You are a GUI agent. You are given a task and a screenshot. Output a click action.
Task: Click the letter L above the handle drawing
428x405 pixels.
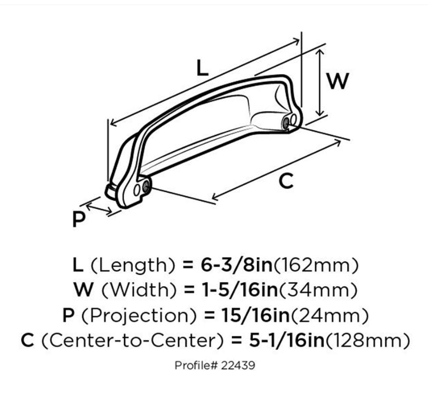tap(202, 68)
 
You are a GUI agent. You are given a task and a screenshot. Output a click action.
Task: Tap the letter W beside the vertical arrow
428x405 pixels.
tap(338, 81)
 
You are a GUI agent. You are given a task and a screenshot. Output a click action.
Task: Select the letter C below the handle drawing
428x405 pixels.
tap(286, 181)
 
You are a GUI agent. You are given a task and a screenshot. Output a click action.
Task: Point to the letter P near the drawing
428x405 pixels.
tap(79, 219)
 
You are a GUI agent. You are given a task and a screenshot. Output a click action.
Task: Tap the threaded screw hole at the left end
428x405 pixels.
tap(146, 186)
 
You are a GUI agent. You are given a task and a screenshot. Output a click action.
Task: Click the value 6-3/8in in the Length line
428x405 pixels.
tap(236, 265)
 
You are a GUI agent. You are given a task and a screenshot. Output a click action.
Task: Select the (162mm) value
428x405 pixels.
tap(316, 265)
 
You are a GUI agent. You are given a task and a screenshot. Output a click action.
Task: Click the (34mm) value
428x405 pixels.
tap(318, 290)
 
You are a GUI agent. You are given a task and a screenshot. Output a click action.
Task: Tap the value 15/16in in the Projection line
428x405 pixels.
tap(256, 315)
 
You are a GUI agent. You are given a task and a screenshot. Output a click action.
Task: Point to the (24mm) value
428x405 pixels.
tap(330, 316)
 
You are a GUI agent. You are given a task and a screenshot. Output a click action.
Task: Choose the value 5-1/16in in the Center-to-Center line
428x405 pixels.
tap(286, 341)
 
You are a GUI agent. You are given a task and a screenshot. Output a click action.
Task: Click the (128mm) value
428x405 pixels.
tap(367, 341)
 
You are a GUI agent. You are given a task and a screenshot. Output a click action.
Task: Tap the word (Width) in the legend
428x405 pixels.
tap(139, 290)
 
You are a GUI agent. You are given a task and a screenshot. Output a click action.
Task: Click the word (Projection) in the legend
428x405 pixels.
tap(139, 316)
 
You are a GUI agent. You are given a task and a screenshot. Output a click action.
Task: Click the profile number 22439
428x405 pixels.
tap(238, 365)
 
